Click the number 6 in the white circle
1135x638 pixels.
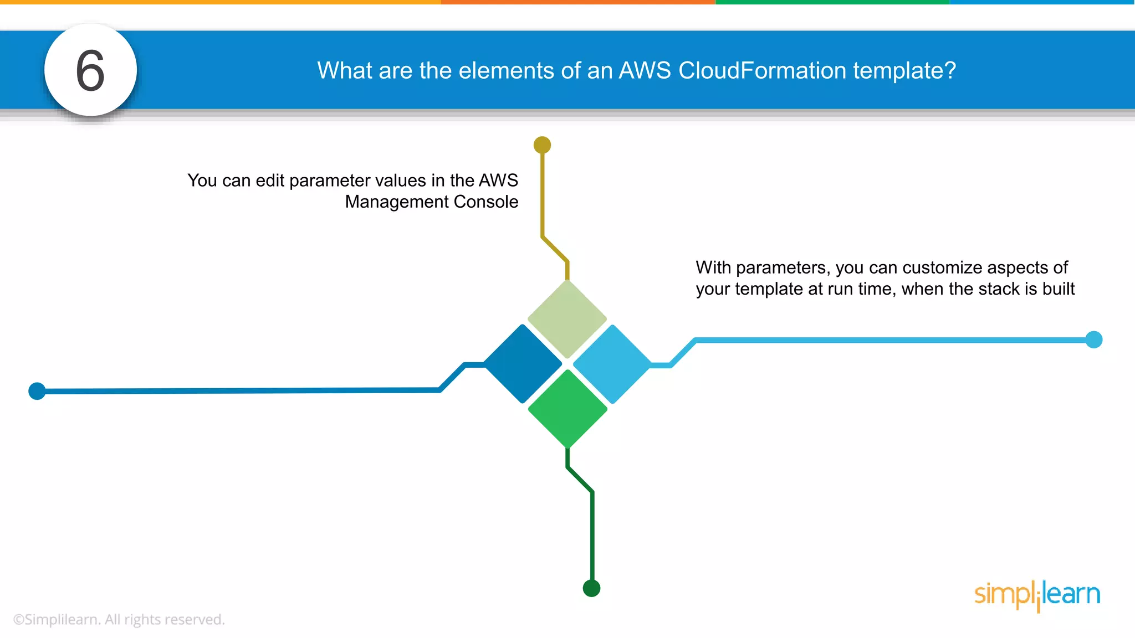point(90,70)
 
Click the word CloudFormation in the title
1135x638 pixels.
point(762,70)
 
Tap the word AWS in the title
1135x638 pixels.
point(645,70)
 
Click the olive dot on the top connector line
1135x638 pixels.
point(542,145)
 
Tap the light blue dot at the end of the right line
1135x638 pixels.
point(1093,339)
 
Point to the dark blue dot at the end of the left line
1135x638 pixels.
point(37,391)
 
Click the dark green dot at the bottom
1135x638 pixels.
point(591,588)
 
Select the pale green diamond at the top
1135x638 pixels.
point(567,319)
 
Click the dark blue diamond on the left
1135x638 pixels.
point(523,364)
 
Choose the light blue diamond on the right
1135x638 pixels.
point(612,364)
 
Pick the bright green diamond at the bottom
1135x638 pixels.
point(567,409)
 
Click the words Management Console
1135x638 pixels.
point(431,202)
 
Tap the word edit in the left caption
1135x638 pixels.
point(270,181)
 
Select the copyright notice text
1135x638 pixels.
point(119,619)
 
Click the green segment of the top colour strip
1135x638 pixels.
point(832,2)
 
